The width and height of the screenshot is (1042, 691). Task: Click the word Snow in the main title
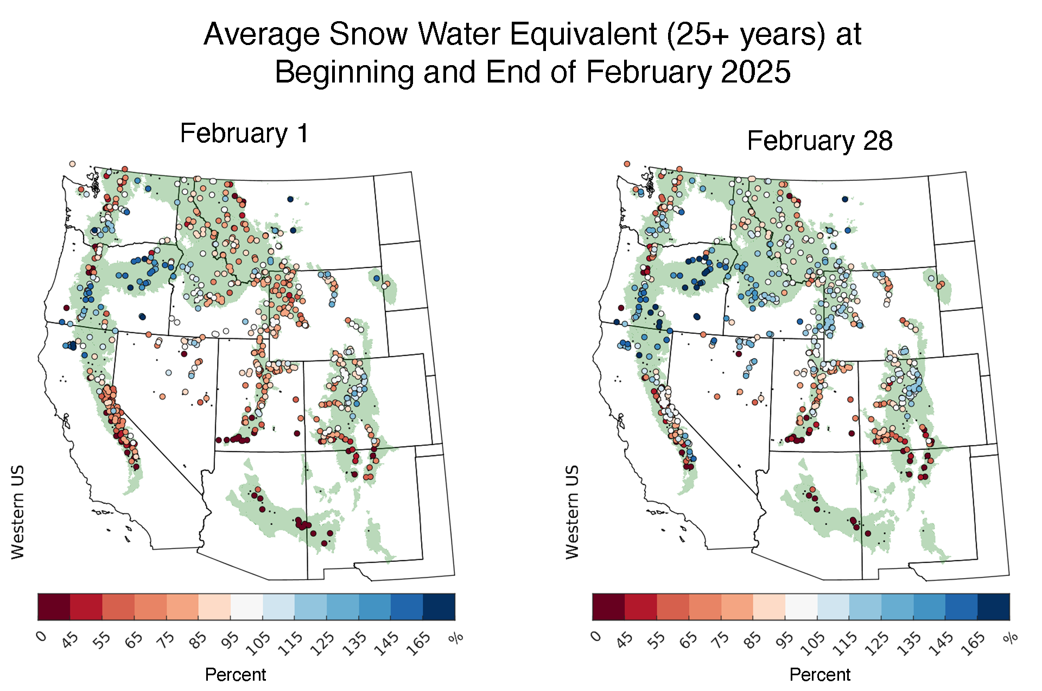pyautogui.click(x=368, y=34)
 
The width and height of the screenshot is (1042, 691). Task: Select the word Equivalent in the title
pyautogui.click(x=583, y=34)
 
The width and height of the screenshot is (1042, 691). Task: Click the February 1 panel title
pyautogui.click(x=244, y=134)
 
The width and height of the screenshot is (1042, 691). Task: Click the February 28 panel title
pyautogui.click(x=819, y=141)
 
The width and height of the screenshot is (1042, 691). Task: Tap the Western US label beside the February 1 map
pyautogui.click(x=18, y=512)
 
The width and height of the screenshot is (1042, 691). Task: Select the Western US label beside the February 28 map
pyautogui.click(x=573, y=512)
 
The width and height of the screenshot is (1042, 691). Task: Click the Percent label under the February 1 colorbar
pyautogui.click(x=236, y=675)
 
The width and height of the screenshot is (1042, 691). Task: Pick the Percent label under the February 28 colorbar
pyautogui.click(x=819, y=675)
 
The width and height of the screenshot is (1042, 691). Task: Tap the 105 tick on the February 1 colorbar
pyautogui.click(x=258, y=644)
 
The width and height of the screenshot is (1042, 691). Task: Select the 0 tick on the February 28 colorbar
pyautogui.click(x=595, y=636)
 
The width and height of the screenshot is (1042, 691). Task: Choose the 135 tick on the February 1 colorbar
pyautogui.click(x=355, y=644)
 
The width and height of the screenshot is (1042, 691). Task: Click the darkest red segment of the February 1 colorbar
pyautogui.click(x=54, y=607)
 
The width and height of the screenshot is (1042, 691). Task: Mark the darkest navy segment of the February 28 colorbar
pyautogui.click(x=994, y=607)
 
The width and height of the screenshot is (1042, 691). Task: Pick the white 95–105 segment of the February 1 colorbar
pyautogui.click(x=246, y=607)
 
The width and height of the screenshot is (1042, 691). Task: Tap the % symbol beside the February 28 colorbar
pyautogui.click(x=1010, y=638)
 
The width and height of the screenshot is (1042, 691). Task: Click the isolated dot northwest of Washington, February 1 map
pyautogui.click(x=72, y=163)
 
